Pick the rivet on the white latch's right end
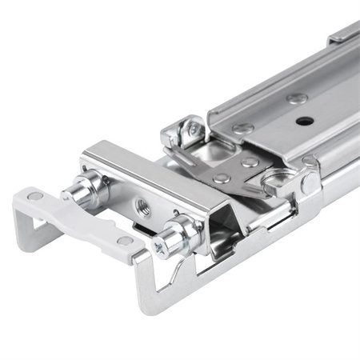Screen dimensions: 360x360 125,240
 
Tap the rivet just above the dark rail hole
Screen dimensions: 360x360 298,98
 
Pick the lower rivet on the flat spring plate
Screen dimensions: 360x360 222,178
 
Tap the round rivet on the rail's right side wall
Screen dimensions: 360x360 309,182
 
